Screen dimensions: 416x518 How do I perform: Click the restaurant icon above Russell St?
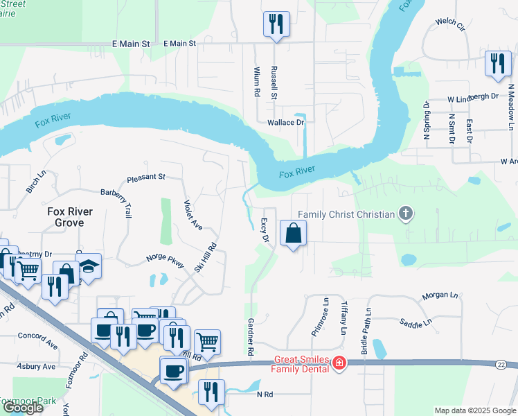point(276,24)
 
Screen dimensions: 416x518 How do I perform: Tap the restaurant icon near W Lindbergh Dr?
point(497,64)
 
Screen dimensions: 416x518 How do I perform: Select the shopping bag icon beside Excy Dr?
point(293,234)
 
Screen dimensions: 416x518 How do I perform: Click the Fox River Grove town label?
point(65,217)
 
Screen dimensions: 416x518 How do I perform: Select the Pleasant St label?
point(145,177)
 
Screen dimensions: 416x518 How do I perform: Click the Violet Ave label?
point(193,216)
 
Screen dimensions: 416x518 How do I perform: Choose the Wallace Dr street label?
point(286,122)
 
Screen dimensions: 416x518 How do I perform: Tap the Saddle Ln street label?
point(416,322)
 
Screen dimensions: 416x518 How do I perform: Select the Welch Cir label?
point(449,24)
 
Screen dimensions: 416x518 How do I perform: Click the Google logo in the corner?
point(23,408)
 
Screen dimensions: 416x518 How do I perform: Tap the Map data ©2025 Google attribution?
point(474,410)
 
